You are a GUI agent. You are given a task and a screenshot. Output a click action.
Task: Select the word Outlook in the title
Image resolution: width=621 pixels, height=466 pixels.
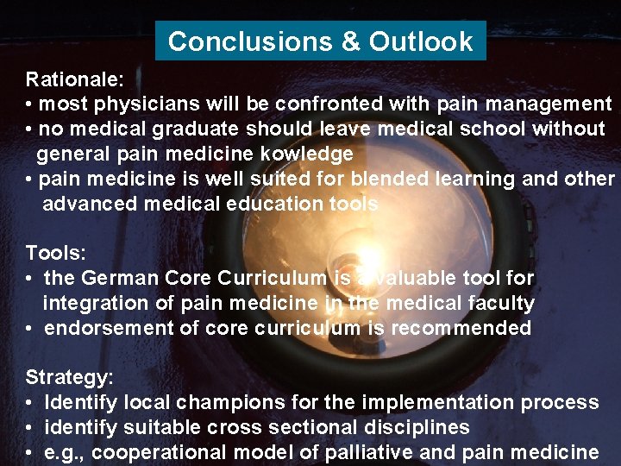tap(421, 41)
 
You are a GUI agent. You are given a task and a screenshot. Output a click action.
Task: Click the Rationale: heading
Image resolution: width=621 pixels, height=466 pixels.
tap(75, 80)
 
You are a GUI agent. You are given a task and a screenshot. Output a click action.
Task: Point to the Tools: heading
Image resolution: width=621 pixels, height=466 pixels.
tap(56, 253)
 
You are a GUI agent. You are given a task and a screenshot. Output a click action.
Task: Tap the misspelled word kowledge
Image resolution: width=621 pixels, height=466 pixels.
tap(307, 154)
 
